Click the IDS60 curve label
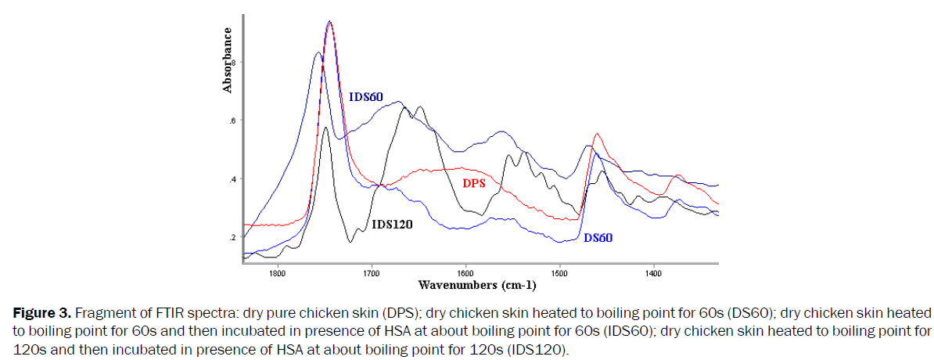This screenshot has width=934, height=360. tap(365, 97)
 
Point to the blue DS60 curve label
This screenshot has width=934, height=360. tap(598, 237)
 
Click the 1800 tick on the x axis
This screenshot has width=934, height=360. tap(277, 273)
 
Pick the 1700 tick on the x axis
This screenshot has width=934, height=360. tap(371, 273)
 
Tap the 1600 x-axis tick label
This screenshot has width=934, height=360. tap(465, 273)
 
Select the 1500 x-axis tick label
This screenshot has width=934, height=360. tap(559, 273)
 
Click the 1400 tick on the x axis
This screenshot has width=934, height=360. tap(654, 273)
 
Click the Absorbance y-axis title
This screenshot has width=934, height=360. tap(228, 60)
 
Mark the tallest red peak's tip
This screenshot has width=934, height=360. tap(330, 22)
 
